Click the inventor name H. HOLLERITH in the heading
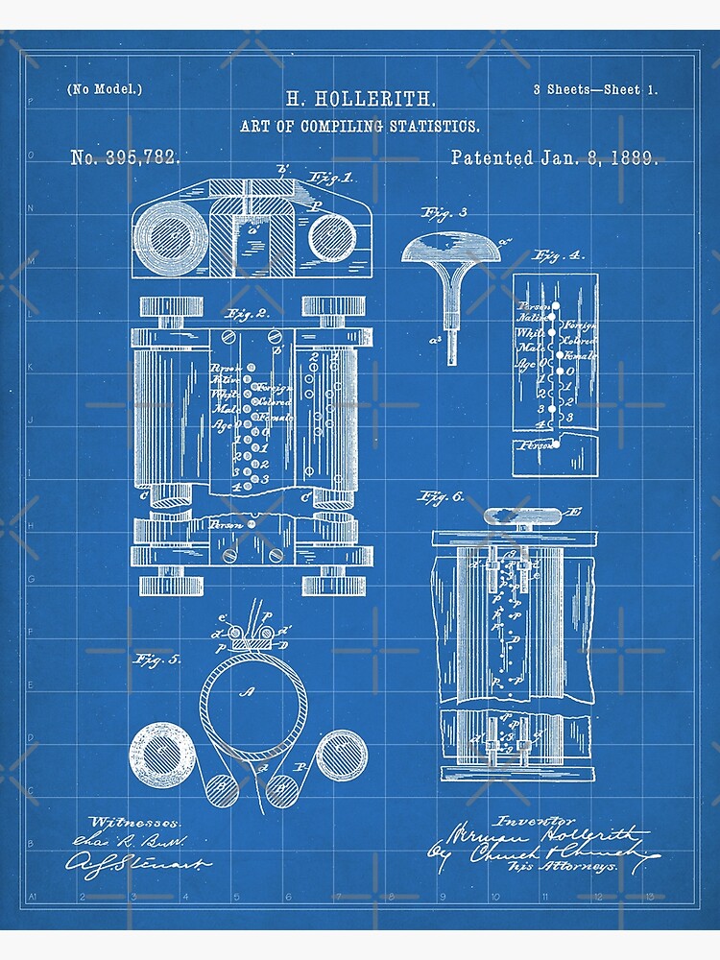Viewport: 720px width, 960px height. click(361, 98)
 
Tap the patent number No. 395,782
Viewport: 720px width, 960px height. click(125, 157)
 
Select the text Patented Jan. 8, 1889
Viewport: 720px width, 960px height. click(554, 157)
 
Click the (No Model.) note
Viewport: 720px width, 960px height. click(105, 89)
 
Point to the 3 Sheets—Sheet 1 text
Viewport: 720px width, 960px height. click(595, 89)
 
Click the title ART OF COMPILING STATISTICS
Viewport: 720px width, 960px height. click(361, 126)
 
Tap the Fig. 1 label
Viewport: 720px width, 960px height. click(329, 178)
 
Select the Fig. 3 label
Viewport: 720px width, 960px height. click(443, 214)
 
